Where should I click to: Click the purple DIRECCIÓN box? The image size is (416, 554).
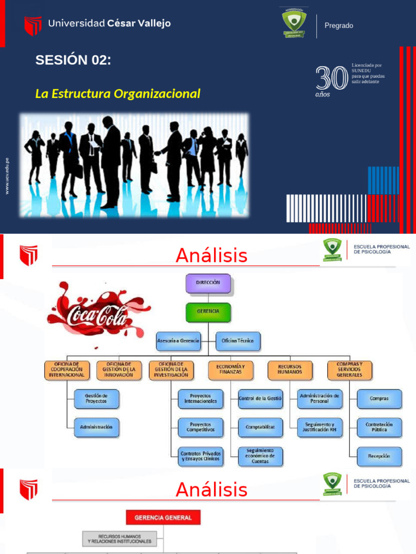(x=208, y=283)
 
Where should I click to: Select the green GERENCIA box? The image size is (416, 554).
(x=208, y=313)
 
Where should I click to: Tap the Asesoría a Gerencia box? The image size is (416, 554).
(x=178, y=341)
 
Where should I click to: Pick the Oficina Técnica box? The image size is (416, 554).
(x=238, y=341)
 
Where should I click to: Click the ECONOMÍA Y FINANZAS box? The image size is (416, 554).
(x=230, y=370)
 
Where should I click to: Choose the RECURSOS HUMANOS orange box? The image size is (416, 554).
(x=290, y=370)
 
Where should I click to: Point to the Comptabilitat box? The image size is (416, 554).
(x=260, y=427)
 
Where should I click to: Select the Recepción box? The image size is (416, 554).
(x=379, y=456)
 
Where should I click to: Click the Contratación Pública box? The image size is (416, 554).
(x=379, y=427)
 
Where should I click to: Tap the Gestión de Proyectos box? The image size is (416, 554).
(x=96, y=398)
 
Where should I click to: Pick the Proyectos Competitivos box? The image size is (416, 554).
(x=200, y=427)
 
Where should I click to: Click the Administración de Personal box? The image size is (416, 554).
(x=320, y=398)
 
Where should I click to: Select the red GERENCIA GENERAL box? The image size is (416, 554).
(x=163, y=518)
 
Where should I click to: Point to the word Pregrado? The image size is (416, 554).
(x=339, y=25)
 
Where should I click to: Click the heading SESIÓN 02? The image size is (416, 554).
(x=73, y=61)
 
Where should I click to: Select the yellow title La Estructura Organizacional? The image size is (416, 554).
(x=118, y=94)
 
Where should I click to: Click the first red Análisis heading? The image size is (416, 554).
(x=211, y=255)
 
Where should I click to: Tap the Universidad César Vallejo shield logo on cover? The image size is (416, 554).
(x=33, y=25)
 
